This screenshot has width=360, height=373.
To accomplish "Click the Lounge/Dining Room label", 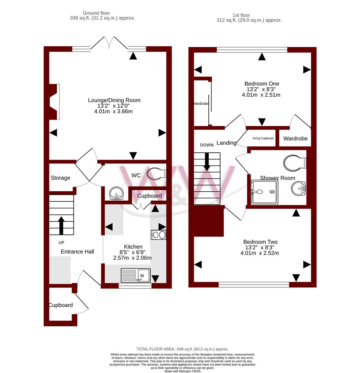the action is [114, 100].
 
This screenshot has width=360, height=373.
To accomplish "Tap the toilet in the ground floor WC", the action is [156, 173].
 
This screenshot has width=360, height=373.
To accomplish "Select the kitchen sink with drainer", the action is [136, 275].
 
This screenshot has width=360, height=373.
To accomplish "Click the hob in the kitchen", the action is [159, 235].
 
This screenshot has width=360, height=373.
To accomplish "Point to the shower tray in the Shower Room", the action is [265, 192].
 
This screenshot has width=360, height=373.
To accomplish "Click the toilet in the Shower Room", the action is [295, 163].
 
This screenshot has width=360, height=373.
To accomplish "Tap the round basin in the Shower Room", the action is [299, 189].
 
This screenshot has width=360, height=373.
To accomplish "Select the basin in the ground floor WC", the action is [116, 193].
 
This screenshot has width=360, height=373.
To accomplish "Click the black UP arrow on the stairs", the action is [61, 226].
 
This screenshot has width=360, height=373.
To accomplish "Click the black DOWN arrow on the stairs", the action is [207, 162].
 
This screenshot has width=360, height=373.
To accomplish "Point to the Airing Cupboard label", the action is [263, 138].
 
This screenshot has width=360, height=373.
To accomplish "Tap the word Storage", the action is [60, 178].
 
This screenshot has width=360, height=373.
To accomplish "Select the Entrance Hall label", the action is [77, 251].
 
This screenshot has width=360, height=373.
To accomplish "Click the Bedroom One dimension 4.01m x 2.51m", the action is [261, 95].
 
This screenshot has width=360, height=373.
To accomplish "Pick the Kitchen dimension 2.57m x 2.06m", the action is [132, 258].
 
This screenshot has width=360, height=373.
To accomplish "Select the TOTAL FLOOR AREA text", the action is [182, 349].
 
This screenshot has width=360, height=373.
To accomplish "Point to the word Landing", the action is [227, 143].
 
